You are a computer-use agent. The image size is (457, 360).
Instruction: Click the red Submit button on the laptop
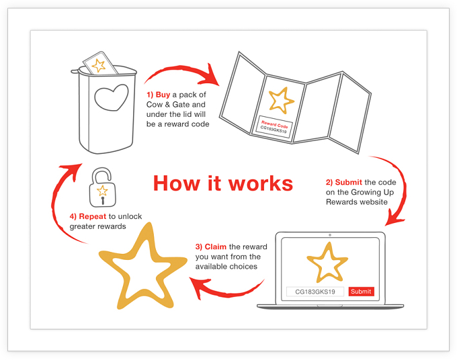[x=361, y=291]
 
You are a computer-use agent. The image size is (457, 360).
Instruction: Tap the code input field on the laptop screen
[x=315, y=291]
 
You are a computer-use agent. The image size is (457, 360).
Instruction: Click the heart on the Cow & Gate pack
[x=112, y=97]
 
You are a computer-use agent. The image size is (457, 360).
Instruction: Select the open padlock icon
[x=102, y=187]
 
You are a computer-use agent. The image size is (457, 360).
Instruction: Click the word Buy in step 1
[x=163, y=95]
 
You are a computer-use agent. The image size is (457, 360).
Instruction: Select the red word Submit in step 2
[x=349, y=182]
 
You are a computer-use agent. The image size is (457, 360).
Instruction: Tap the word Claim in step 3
[x=215, y=246]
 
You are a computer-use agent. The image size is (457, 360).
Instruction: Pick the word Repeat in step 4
[x=93, y=216]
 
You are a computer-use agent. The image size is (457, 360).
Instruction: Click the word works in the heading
[x=261, y=184]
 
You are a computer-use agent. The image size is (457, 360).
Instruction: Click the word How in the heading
[x=177, y=184]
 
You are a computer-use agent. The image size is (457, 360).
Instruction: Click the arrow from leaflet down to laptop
[x=404, y=187]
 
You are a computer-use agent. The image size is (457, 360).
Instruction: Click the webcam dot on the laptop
[x=330, y=235]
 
